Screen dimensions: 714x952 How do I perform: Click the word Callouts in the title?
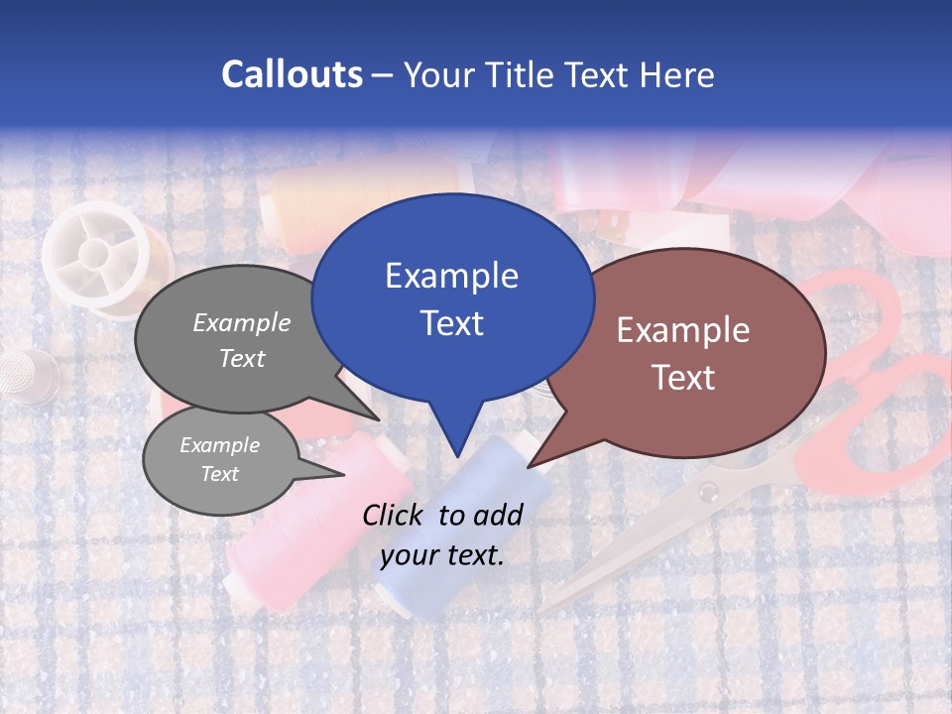(292, 74)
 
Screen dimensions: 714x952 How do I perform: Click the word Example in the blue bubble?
(451, 276)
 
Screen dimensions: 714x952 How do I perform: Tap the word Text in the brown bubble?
(683, 377)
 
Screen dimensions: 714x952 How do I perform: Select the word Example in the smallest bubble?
(219, 445)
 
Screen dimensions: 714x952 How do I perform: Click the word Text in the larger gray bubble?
(242, 358)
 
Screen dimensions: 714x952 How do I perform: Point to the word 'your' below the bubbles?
(409, 555)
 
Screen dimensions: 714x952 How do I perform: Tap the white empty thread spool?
(97, 253)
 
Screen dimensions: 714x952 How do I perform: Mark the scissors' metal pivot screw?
(707, 492)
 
